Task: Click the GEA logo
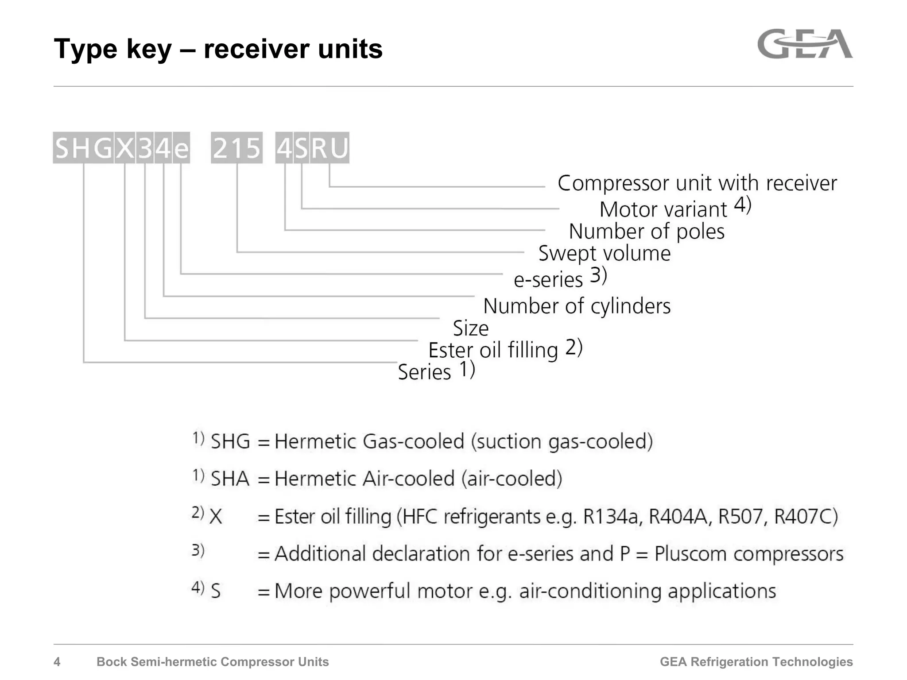pos(805,44)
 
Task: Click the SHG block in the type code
pos(83,148)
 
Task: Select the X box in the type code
pos(125,148)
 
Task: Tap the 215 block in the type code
pos(236,148)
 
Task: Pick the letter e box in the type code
pos(181,148)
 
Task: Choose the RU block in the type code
pos(329,148)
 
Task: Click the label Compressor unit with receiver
pos(697,183)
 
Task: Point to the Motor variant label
pos(663,209)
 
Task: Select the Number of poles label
pos(647,232)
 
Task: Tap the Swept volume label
pos(605,254)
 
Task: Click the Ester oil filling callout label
pos(493,350)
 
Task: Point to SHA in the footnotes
pos(230,479)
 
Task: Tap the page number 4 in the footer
pos(57,662)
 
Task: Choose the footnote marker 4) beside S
pos(198,588)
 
